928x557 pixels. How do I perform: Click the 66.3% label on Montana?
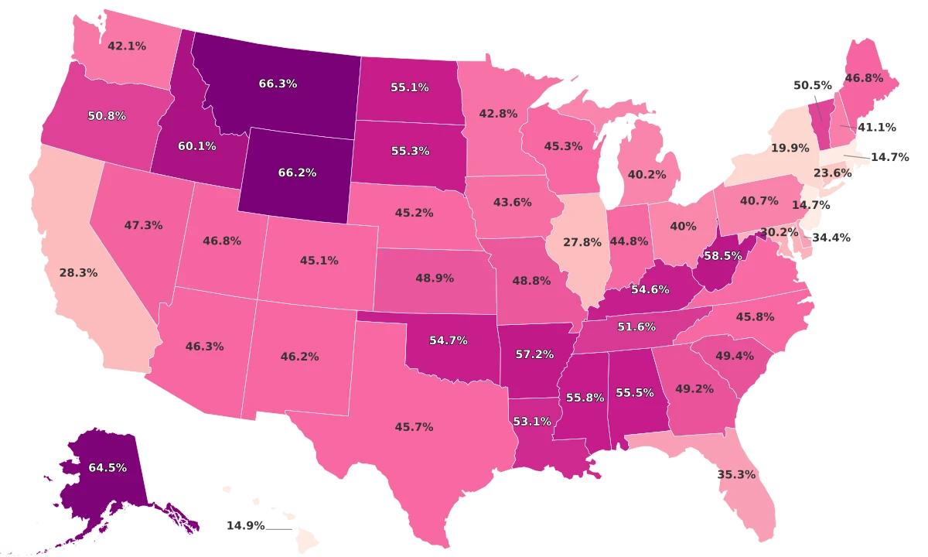[278, 84]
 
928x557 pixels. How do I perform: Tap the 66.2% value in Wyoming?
[297, 173]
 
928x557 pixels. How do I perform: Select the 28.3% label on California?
[78, 273]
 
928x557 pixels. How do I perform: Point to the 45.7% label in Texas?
[414, 426]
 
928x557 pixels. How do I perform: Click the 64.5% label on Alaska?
[107, 467]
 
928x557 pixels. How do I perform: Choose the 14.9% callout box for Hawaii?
[245, 525]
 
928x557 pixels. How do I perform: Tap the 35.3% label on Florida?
[736, 474]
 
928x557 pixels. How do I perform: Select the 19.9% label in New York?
[790, 147]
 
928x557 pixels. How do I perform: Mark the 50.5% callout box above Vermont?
[812, 86]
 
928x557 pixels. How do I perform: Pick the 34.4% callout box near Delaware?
[829, 237]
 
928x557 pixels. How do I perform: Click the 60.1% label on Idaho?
[197, 145]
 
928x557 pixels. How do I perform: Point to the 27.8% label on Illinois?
[582, 242]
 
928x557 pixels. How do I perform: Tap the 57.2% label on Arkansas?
[534, 354]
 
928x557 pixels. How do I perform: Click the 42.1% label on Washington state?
[127, 46]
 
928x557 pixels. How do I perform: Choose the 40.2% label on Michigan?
[647, 175]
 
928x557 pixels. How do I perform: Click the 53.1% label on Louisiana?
[532, 422]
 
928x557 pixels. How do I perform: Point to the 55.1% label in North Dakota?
[410, 87]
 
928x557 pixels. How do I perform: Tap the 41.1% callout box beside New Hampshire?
[876, 127]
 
